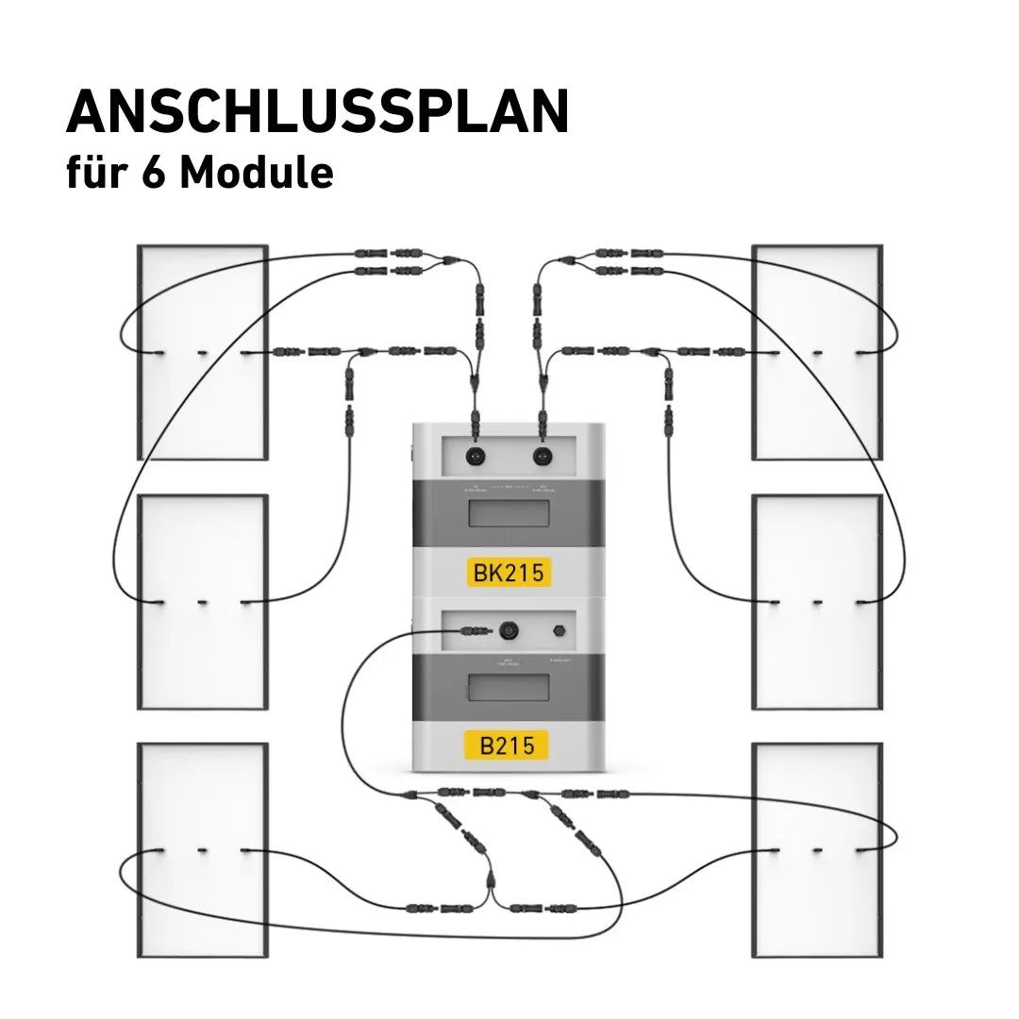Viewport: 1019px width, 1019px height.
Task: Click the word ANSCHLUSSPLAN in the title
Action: [317, 113]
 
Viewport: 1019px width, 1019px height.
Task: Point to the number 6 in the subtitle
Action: [153, 173]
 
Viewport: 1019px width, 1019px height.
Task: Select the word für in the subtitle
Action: [97, 173]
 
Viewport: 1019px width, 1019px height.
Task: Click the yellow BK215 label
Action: [508, 572]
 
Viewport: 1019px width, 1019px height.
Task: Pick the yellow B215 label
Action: [507, 745]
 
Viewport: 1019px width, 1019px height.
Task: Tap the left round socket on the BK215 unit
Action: [475, 456]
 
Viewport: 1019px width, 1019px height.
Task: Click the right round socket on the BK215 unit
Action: [542, 456]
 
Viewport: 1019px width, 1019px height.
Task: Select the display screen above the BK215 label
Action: [508, 514]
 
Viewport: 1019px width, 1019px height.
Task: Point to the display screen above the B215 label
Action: [508, 687]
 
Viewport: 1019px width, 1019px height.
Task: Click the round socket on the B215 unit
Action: [510, 629]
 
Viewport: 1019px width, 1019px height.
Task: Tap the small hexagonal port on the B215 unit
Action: [556, 629]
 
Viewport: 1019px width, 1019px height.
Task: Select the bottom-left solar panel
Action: [203, 906]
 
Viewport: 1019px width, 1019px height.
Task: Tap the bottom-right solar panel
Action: [817, 906]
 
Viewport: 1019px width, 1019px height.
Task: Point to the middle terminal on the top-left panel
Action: [203, 354]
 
